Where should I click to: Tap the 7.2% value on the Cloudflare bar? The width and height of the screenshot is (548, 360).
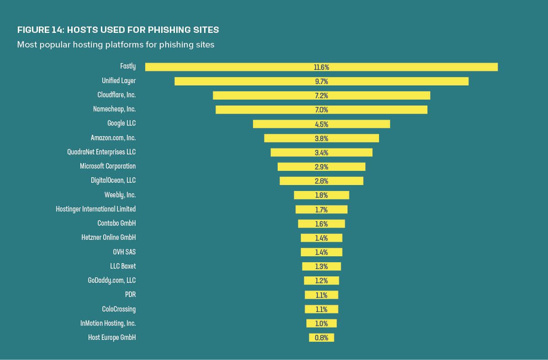click(x=321, y=95)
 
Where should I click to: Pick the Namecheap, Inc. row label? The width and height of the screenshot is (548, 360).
click(x=114, y=109)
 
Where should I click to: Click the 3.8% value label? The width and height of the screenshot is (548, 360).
click(x=321, y=138)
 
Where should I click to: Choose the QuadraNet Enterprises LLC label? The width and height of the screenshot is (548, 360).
click(x=101, y=152)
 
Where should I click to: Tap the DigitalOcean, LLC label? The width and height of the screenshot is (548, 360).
click(x=113, y=180)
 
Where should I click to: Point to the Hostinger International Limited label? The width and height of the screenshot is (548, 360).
click(x=96, y=209)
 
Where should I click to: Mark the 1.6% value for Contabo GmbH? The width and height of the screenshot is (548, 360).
click(x=321, y=224)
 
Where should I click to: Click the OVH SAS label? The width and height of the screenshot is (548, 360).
click(x=124, y=252)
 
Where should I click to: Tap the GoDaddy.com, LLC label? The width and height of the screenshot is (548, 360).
click(x=112, y=280)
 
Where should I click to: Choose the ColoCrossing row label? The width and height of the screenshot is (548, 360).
click(x=119, y=309)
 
